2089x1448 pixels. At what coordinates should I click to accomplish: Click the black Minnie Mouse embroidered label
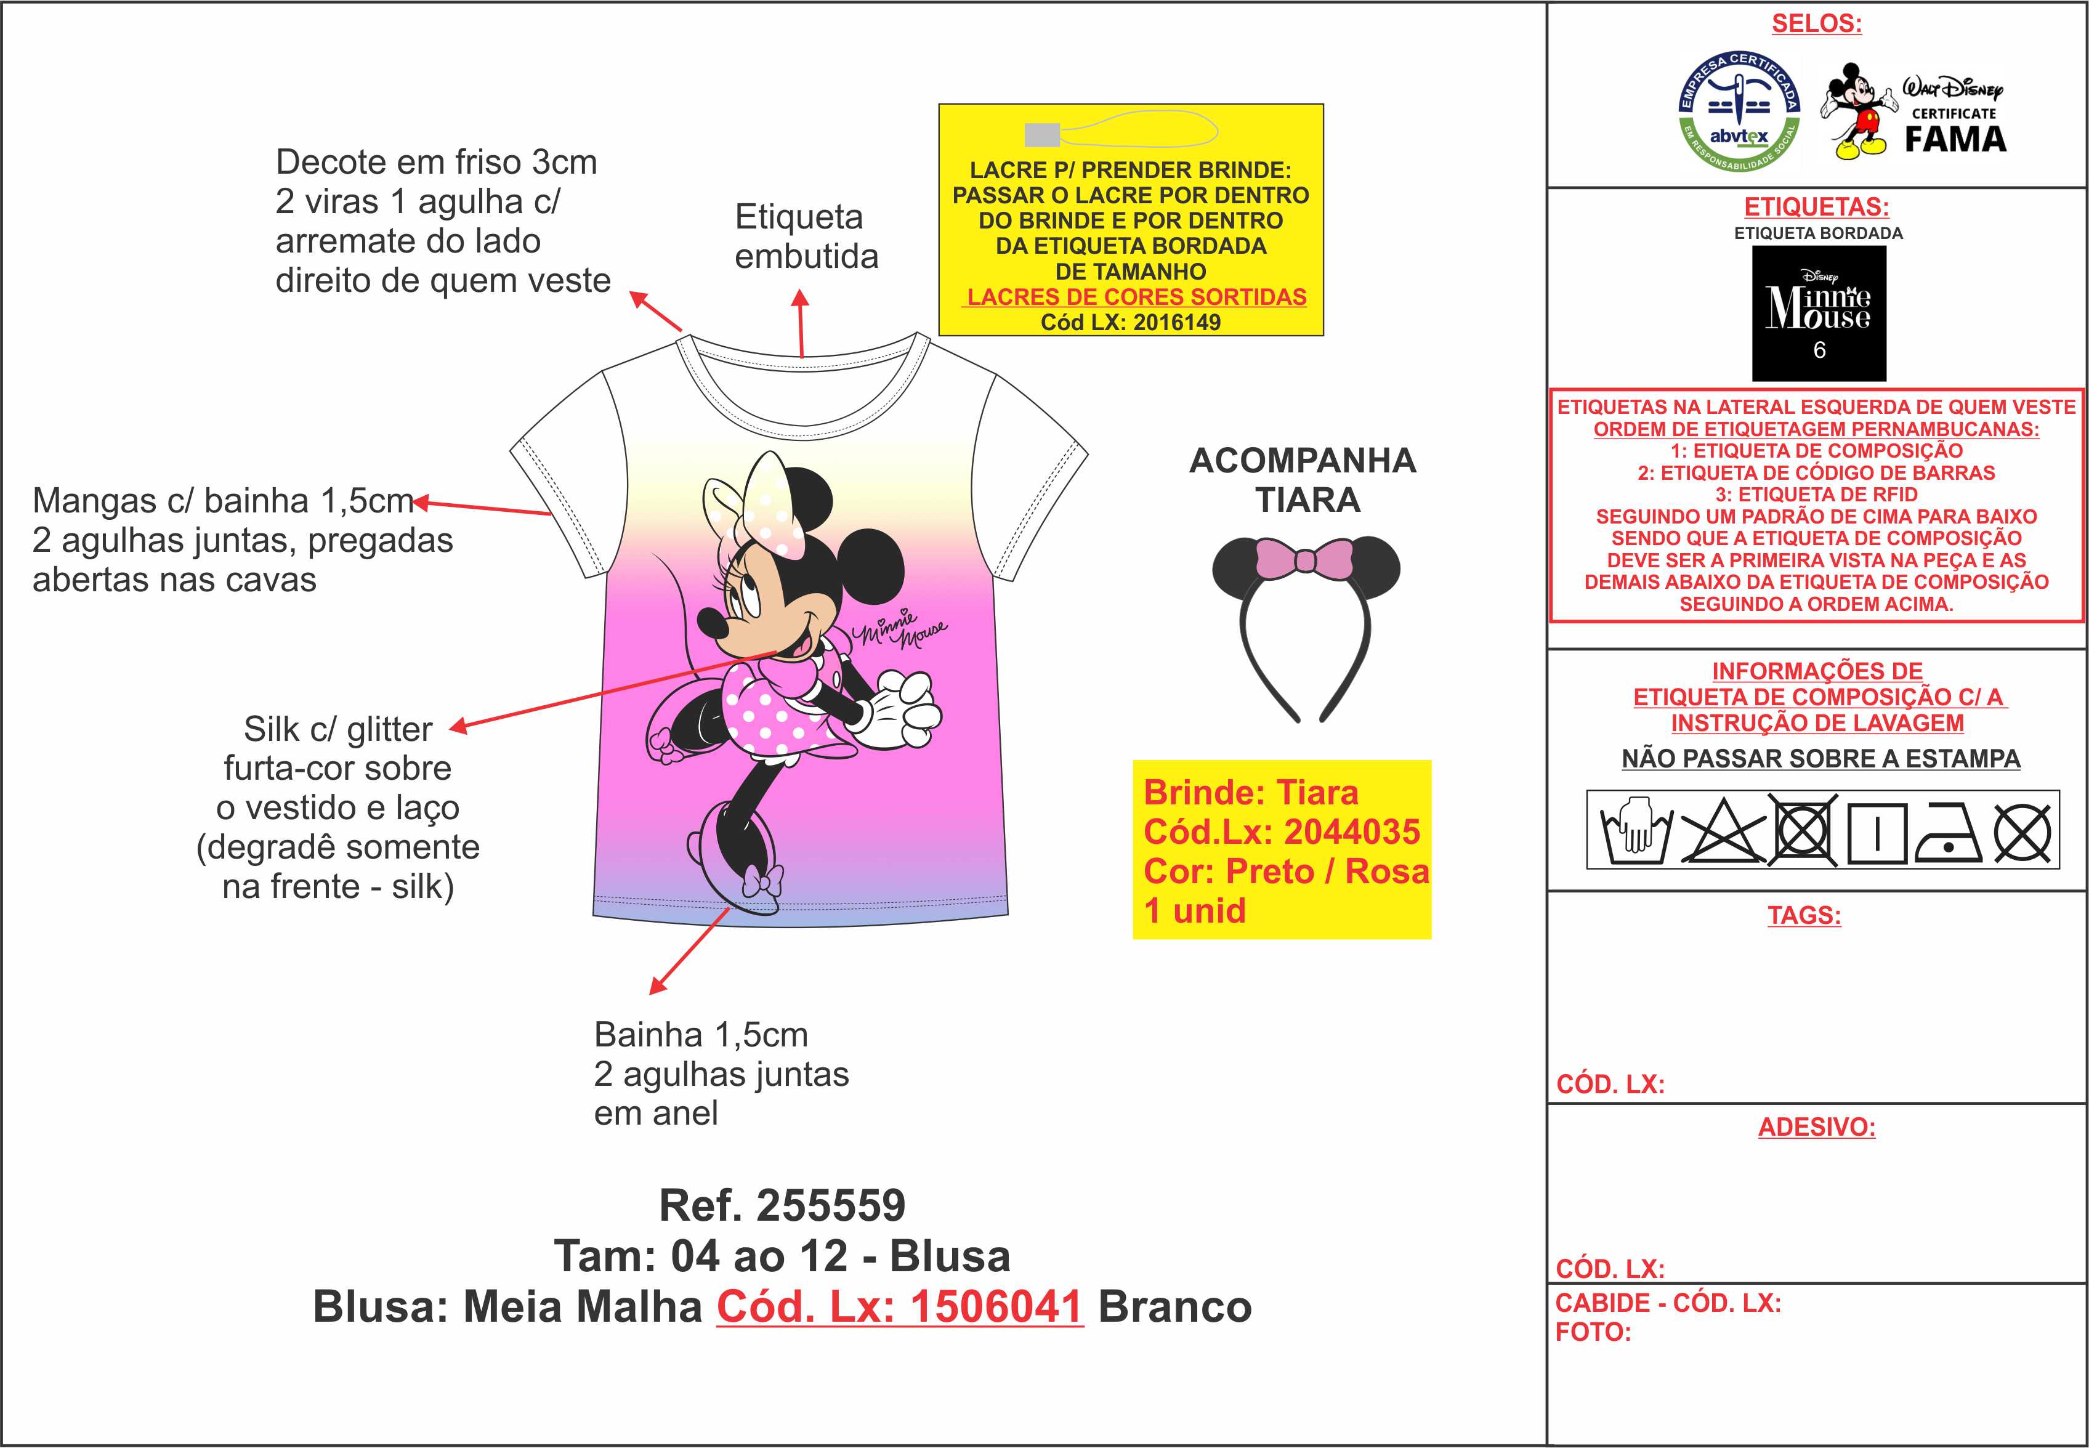point(1819,313)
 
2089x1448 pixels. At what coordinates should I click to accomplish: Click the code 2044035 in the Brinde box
point(1352,831)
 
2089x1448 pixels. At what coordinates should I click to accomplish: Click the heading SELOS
point(1817,23)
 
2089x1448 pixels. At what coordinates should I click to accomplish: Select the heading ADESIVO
point(1817,1127)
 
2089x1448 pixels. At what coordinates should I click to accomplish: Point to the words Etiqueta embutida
point(806,237)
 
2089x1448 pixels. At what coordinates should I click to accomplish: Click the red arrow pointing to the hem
point(689,951)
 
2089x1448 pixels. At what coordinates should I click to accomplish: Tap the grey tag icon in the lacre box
point(1041,134)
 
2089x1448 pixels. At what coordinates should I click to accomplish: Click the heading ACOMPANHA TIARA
point(1304,480)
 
